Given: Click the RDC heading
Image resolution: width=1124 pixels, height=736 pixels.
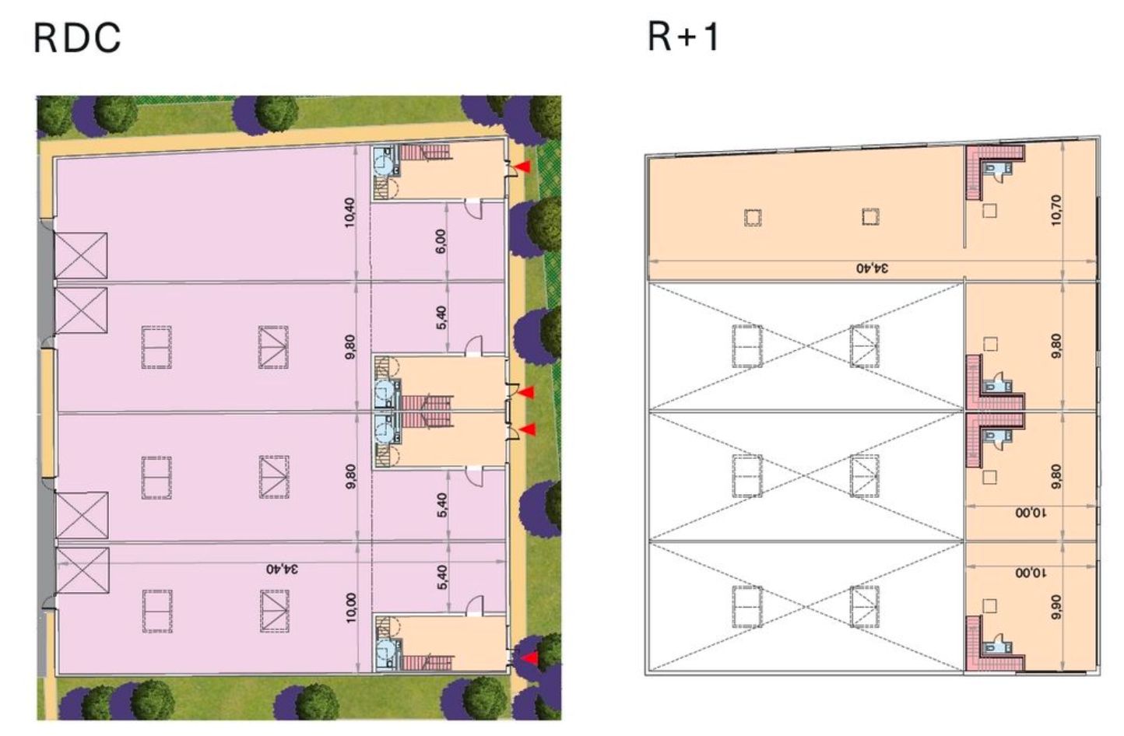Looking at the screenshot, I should click(x=78, y=38).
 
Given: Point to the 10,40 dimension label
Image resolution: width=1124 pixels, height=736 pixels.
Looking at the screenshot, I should click(x=349, y=212).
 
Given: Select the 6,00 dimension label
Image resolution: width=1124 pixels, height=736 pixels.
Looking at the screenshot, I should click(x=441, y=241).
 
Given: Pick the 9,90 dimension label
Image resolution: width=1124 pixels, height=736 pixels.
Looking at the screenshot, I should click(x=1056, y=606).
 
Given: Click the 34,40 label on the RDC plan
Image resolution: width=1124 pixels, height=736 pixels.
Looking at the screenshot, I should click(x=283, y=569).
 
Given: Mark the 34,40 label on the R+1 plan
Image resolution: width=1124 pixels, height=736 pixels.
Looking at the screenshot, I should click(x=873, y=268).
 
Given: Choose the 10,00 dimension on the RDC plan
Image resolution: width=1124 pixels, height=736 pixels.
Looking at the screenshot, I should click(x=350, y=607).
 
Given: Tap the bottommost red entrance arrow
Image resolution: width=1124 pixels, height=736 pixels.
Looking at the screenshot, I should click(x=529, y=658).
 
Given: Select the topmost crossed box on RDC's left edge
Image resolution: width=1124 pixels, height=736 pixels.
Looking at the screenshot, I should click(x=81, y=254).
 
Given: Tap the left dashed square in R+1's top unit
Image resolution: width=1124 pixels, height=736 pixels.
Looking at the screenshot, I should click(x=753, y=217).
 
